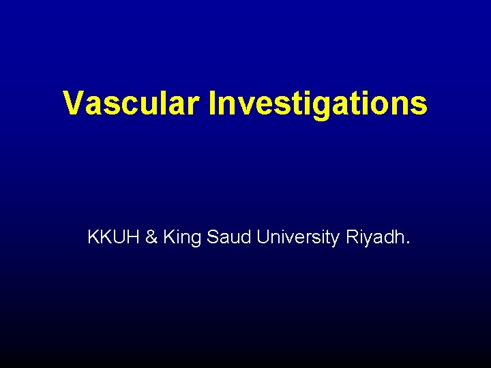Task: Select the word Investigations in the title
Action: (x=318, y=104)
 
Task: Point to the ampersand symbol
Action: (x=152, y=237)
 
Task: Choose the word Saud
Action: (x=228, y=237)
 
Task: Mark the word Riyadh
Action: (x=376, y=238)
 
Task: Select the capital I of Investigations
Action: (x=213, y=103)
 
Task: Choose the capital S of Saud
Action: (x=211, y=237)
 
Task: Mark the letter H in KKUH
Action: (x=134, y=237)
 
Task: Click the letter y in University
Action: (x=335, y=241)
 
